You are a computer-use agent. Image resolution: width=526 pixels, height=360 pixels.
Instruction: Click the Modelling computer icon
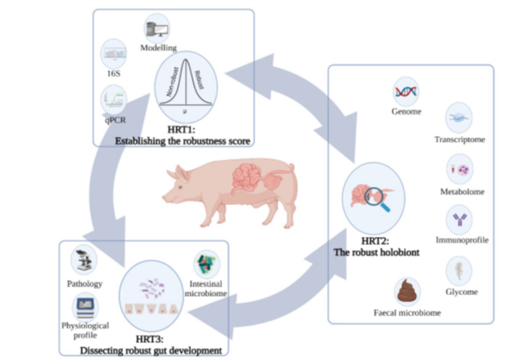point(155,30)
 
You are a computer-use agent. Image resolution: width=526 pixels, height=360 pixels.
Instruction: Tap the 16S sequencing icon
point(113,54)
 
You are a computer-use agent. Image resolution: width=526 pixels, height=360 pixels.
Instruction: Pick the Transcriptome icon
point(459,118)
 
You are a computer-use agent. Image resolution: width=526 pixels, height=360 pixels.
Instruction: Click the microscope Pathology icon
point(84,260)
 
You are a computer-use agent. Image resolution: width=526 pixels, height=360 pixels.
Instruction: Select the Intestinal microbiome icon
point(207,265)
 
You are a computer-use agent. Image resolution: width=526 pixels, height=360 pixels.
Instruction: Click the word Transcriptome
point(460,140)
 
